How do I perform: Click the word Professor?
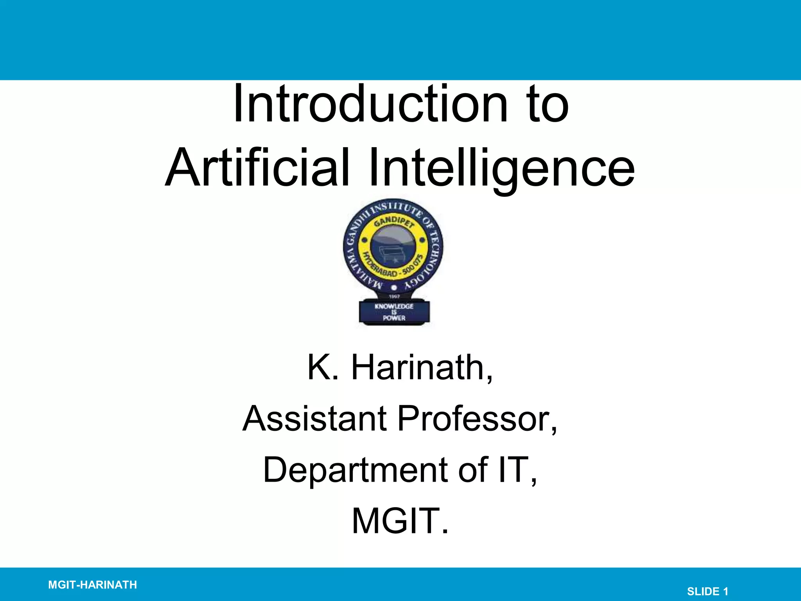(x=477, y=418)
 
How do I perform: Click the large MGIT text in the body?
(x=400, y=521)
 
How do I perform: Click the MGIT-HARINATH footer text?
(x=92, y=585)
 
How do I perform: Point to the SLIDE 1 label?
(x=708, y=591)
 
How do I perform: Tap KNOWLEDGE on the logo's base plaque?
(x=394, y=306)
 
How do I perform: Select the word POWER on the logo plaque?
(x=394, y=318)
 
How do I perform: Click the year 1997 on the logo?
(x=394, y=297)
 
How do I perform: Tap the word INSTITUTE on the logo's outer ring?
(x=395, y=207)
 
